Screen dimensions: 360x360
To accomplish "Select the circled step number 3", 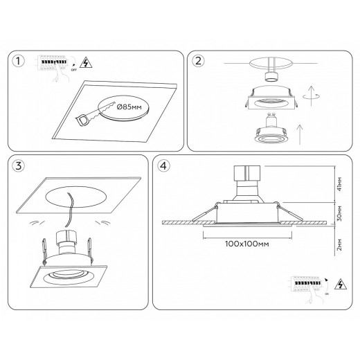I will pyautogui.click(x=21, y=167).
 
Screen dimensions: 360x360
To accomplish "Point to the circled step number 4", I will pyautogui.click(x=163, y=167).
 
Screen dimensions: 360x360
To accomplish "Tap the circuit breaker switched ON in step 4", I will pyautogui.click(x=305, y=284).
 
